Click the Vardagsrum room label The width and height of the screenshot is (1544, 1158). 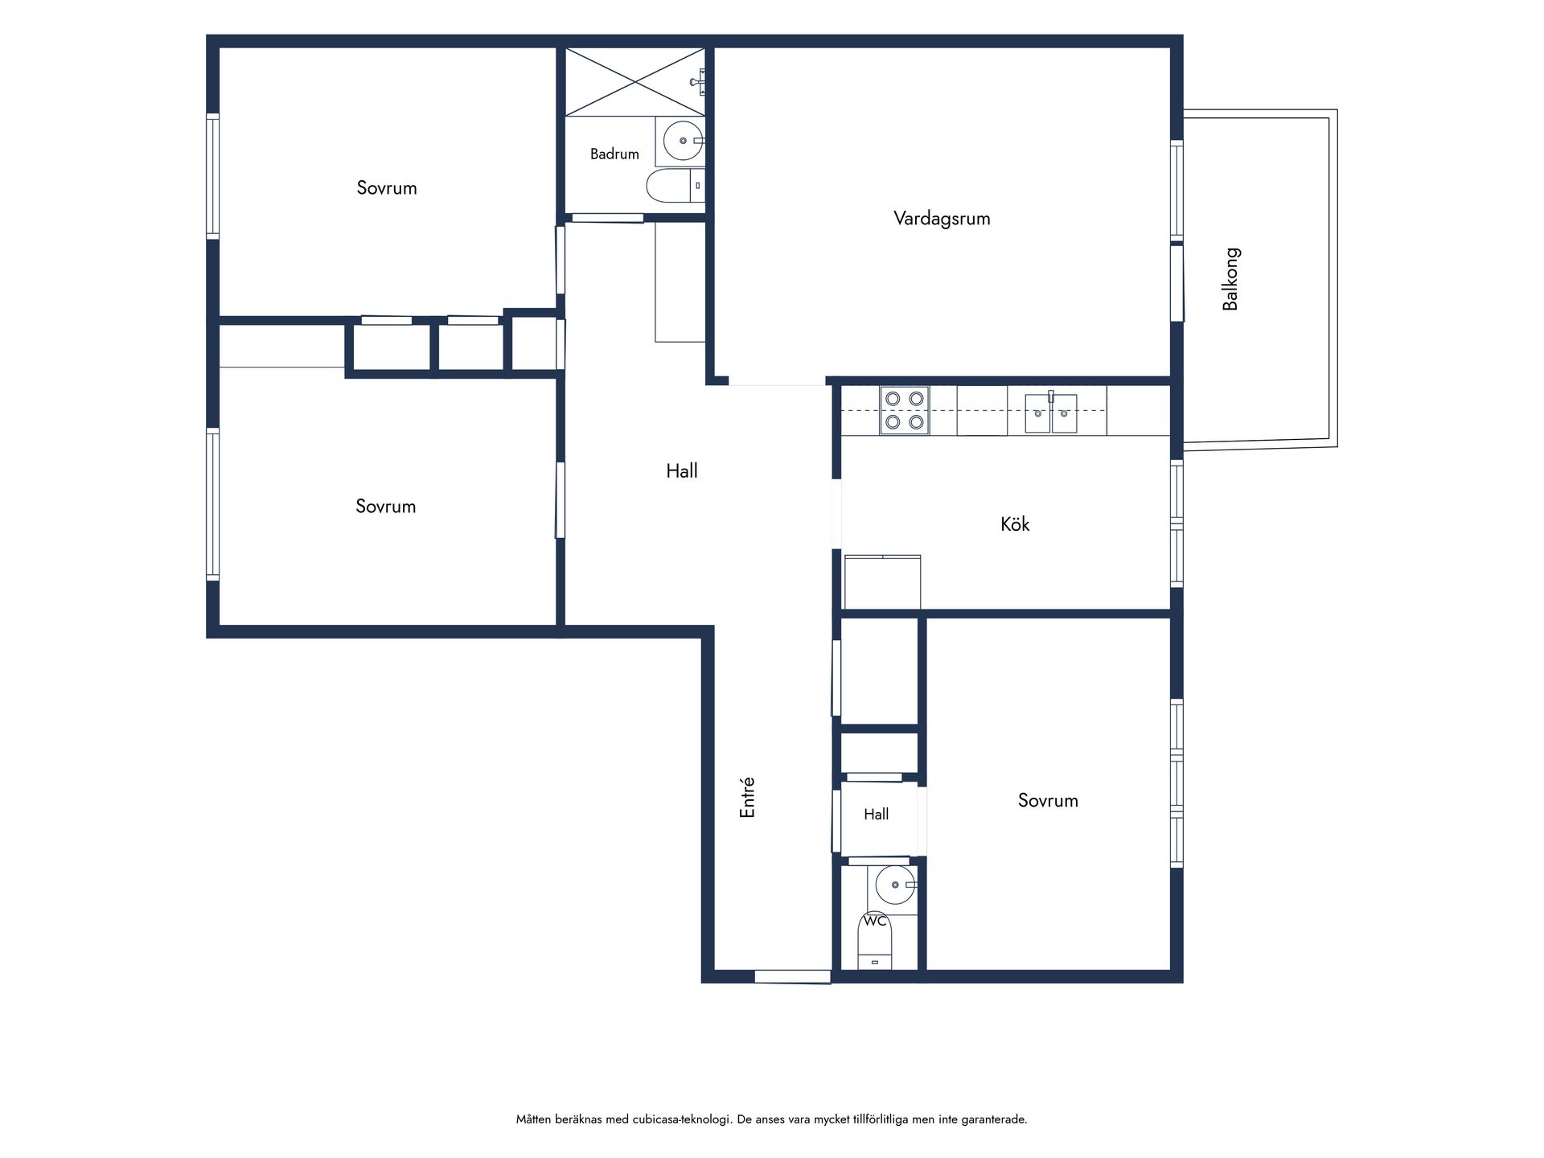tap(942, 218)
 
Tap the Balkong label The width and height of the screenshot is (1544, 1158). tap(1230, 279)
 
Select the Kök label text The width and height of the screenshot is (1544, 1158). tap(1015, 524)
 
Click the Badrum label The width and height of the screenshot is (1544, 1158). tap(614, 154)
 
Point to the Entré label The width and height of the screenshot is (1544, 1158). tap(747, 798)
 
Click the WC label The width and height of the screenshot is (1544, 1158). tap(875, 920)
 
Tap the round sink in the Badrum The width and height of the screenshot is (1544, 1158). tap(684, 141)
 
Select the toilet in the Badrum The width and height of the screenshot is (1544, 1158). tap(675, 186)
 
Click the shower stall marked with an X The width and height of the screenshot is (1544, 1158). tap(635, 82)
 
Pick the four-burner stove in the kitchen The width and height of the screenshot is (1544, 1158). tap(904, 410)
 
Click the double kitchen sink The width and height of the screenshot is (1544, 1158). tap(1051, 413)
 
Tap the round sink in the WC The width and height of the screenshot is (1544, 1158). tap(895, 885)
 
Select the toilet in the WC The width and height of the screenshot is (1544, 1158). tap(875, 941)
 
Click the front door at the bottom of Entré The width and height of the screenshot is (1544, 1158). tap(792, 976)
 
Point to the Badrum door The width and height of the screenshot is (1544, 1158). tap(607, 217)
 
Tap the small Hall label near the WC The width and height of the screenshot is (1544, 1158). tap(876, 814)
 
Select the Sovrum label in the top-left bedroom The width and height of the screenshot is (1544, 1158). tap(387, 187)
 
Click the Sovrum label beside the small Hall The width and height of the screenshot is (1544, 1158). tap(1048, 800)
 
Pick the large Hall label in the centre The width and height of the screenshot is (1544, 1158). tap(681, 470)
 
